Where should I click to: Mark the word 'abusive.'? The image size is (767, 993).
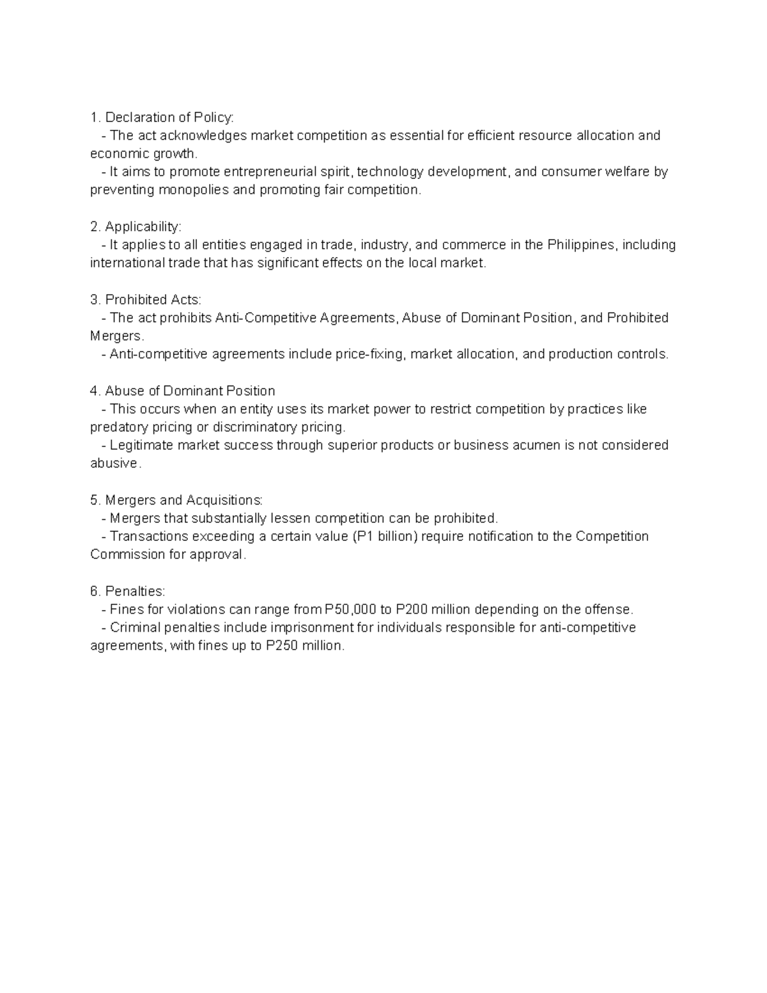(x=115, y=464)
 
